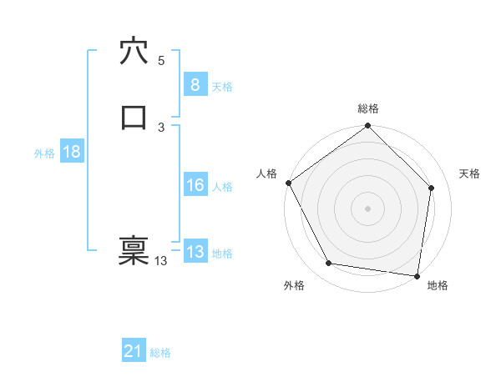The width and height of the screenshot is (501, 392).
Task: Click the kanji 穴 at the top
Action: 134,51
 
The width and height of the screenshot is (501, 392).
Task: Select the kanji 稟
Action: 134,250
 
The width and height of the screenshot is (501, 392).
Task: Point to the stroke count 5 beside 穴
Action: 160,60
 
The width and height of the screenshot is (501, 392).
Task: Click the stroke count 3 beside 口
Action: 160,127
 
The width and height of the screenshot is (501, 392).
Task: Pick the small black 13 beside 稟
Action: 160,261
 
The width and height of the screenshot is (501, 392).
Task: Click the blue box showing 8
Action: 195,85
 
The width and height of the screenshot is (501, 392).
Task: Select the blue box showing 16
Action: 195,186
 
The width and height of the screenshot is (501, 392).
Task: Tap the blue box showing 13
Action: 195,252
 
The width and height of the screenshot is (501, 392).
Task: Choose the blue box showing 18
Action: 71,152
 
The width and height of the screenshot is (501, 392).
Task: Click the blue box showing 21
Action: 134,352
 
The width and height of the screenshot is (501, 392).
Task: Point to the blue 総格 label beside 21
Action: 160,353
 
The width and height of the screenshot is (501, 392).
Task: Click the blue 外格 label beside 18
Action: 44,153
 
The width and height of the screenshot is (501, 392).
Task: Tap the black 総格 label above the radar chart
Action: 367,108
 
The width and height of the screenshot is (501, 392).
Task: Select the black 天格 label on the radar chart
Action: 470,173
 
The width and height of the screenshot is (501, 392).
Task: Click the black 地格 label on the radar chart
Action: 438,285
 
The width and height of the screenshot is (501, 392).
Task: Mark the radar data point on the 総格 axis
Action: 367,127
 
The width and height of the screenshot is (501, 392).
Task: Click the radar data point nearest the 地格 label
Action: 417,275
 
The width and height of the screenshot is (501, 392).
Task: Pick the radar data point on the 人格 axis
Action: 288,183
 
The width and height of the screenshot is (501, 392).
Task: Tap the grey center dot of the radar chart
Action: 367,208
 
